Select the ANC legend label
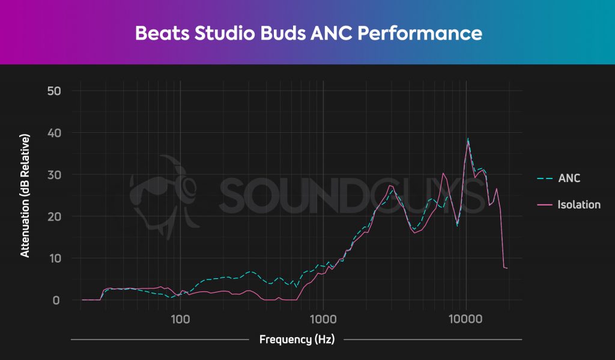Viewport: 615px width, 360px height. click(x=569, y=178)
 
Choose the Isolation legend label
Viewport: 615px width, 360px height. click(x=578, y=204)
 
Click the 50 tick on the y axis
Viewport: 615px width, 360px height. click(x=55, y=91)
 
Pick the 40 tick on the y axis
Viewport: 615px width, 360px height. click(x=55, y=133)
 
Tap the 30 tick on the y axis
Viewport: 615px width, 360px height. click(x=55, y=174)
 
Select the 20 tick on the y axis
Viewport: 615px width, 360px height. click(x=55, y=216)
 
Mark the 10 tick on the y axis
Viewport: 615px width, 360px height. click(x=55, y=258)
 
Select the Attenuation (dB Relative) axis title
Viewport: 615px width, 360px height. click(x=25, y=196)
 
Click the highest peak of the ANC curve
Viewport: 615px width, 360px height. click(x=468, y=139)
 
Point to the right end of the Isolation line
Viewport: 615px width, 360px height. click(x=507, y=268)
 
